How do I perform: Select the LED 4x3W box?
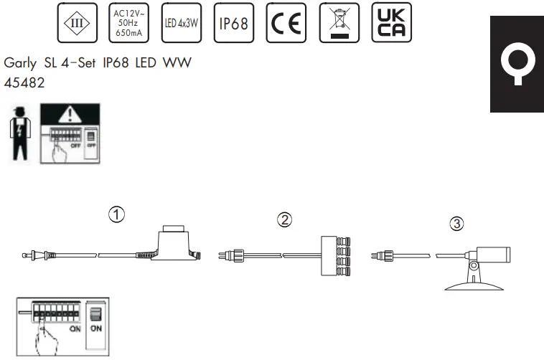182,22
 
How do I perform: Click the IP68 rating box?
234,22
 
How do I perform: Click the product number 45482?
24,83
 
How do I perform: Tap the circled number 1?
115,214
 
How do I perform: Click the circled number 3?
456,224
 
